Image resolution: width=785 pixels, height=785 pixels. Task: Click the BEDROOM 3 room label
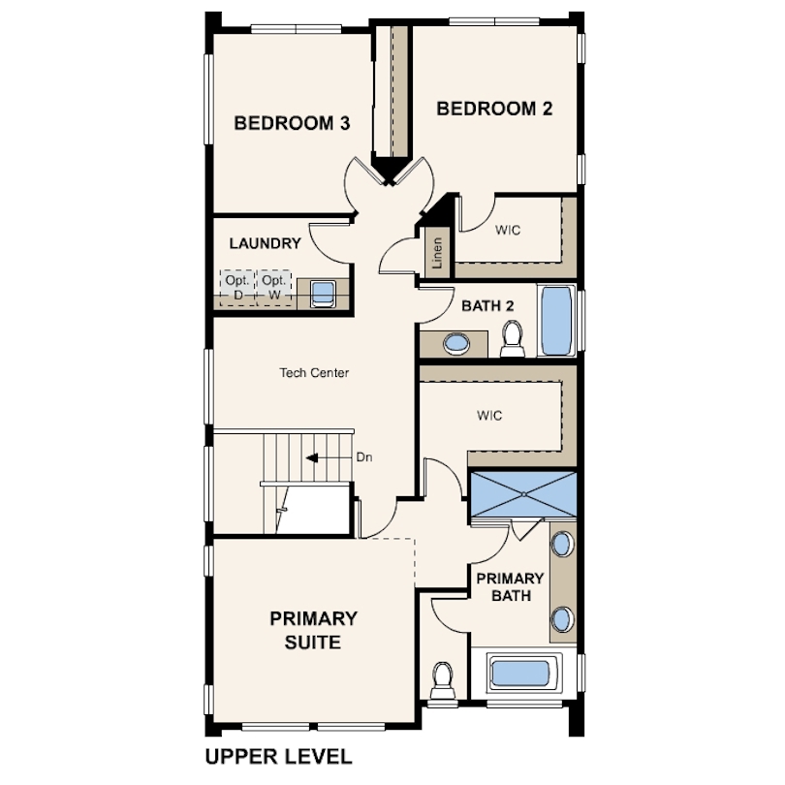tap(292, 123)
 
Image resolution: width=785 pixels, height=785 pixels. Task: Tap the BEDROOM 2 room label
tap(494, 109)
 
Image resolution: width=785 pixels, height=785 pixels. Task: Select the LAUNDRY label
tap(265, 243)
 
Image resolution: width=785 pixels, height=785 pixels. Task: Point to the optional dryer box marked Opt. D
tap(237, 288)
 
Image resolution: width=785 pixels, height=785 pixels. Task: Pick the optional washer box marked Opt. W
tap(274, 288)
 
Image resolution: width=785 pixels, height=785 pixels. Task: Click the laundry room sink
tap(323, 294)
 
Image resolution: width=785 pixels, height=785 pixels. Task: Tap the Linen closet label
tap(437, 253)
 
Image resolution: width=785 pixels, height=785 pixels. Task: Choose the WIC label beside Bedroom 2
tap(508, 230)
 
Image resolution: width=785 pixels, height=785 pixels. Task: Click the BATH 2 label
tap(487, 306)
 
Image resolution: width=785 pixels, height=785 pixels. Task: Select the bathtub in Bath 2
tap(556, 321)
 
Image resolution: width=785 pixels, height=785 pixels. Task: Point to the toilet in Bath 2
tap(512, 339)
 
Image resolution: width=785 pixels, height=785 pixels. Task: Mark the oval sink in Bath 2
tap(456, 344)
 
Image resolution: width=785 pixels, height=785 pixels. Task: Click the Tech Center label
tap(314, 372)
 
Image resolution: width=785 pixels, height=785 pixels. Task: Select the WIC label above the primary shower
tap(489, 415)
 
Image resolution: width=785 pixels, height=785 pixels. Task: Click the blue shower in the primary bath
tap(523, 494)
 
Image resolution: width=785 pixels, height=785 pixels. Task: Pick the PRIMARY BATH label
tap(510, 586)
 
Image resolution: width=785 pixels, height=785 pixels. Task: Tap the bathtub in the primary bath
tap(520, 674)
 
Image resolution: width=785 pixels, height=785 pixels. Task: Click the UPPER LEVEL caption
tap(278, 757)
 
